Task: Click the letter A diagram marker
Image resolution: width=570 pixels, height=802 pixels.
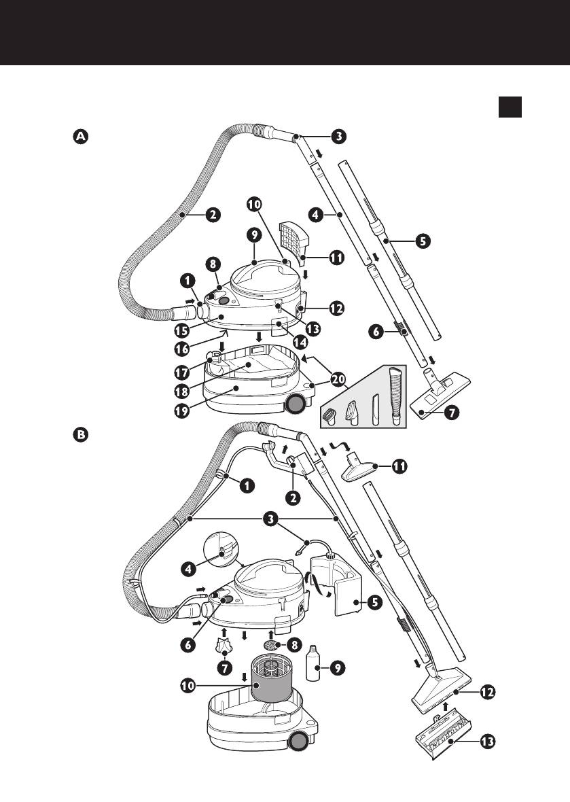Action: point(80,137)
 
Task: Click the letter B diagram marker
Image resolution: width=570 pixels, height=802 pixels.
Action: point(80,436)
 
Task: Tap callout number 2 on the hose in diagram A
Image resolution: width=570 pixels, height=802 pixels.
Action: point(212,215)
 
